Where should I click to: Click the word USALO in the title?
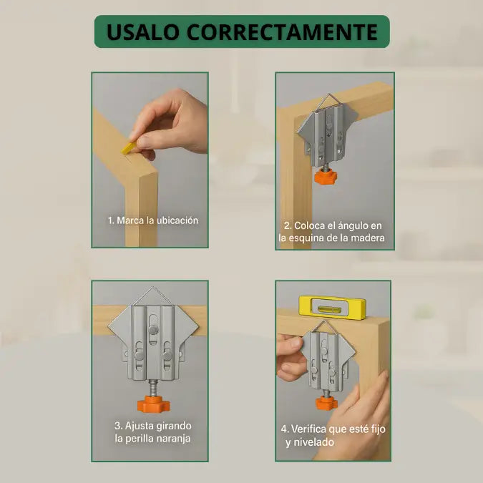[142, 31]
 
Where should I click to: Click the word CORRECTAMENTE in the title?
[282, 31]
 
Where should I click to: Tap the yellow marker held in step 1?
[129, 148]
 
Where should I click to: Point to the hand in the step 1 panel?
[169, 123]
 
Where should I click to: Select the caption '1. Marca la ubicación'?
[153, 220]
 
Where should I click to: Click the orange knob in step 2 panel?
[326, 177]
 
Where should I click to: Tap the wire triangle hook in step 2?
[329, 102]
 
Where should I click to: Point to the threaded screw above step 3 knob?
[153, 388]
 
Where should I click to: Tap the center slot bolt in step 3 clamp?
[153, 330]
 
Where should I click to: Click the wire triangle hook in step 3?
[153, 296]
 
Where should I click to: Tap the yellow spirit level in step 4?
[332, 308]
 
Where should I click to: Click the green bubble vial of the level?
[332, 308]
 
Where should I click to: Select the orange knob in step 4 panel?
[326, 403]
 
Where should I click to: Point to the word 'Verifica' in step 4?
[308, 429]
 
